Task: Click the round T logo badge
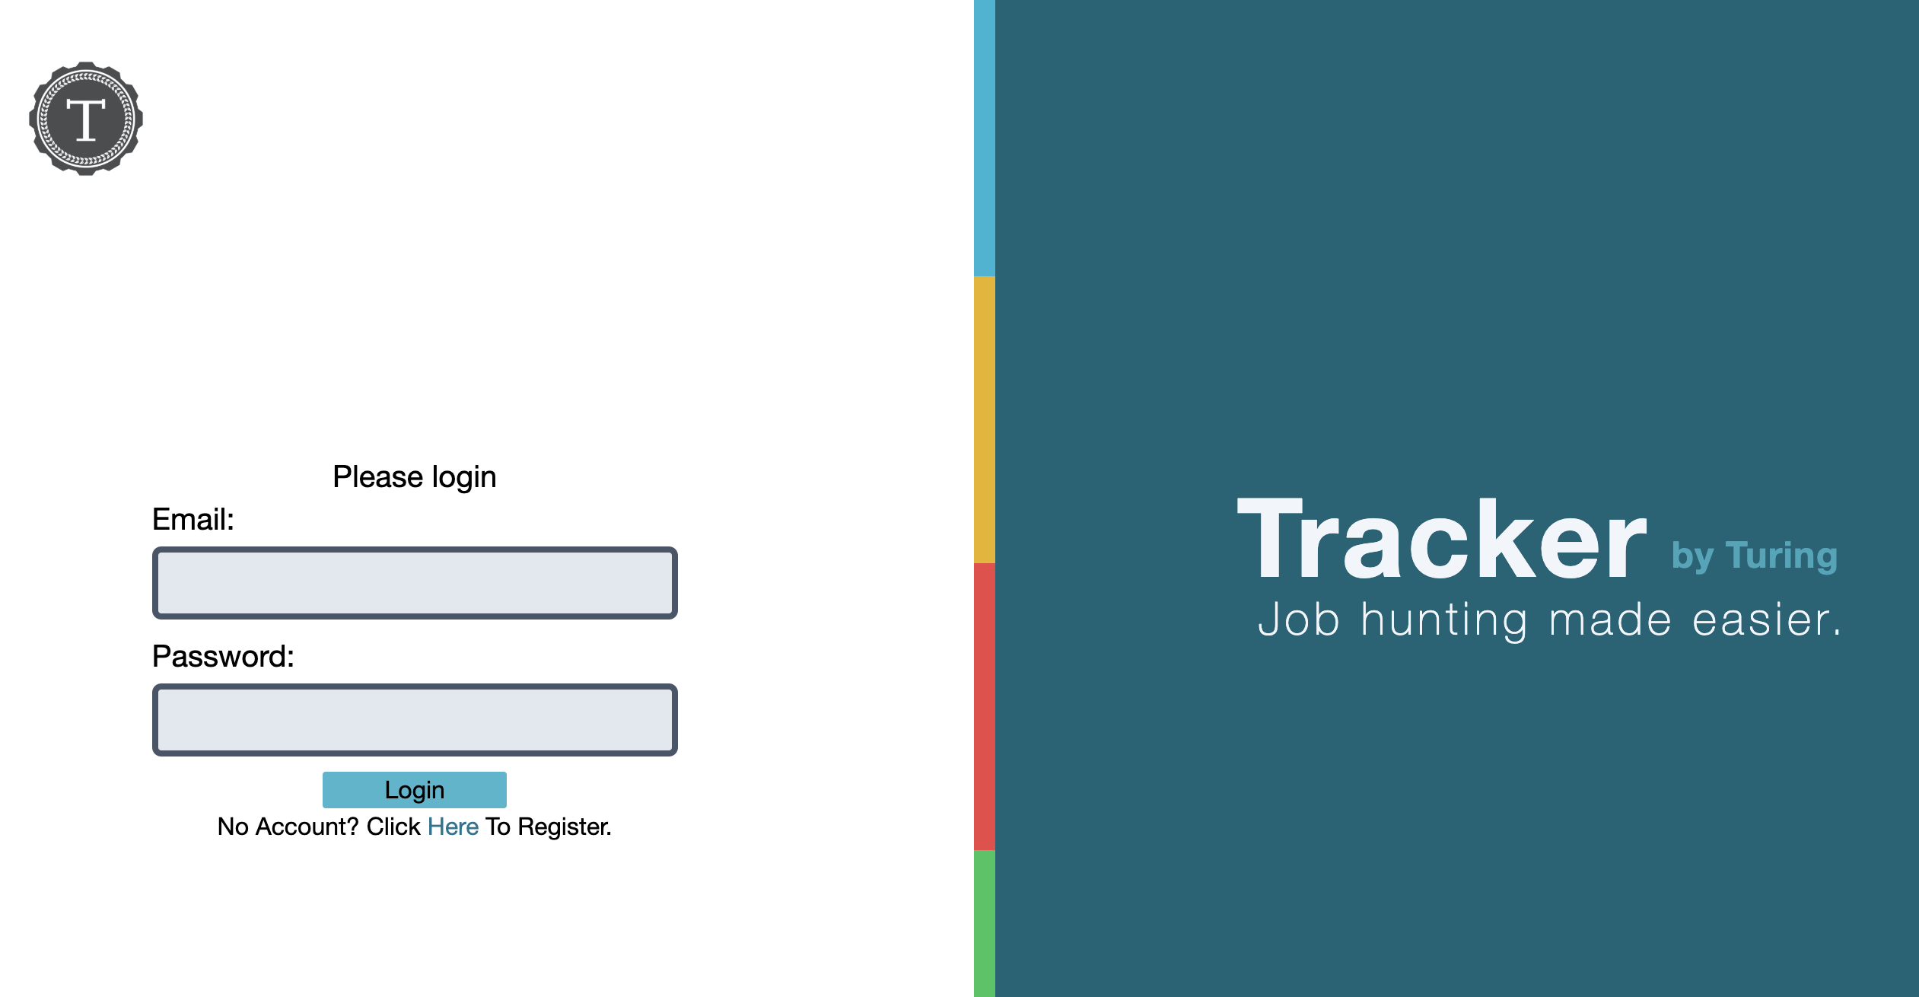[86, 119]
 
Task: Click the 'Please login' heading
[415, 478]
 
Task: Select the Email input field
[415, 583]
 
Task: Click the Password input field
[415, 720]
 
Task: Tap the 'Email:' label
[193, 520]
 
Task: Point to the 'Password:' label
[223, 657]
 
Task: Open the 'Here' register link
[453, 827]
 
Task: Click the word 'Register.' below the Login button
[565, 827]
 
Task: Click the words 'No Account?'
[288, 827]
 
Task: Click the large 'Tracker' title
[1442, 539]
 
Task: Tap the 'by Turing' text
[1755, 556]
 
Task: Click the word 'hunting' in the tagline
[1444, 620]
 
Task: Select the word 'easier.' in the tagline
[1767, 620]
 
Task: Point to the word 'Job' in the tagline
[1299, 620]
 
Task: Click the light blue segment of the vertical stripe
[985, 138]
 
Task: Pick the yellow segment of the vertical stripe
[985, 419]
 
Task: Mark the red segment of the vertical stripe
[985, 706]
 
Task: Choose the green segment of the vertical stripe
[985, 923]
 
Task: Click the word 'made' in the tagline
[1610, 620]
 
